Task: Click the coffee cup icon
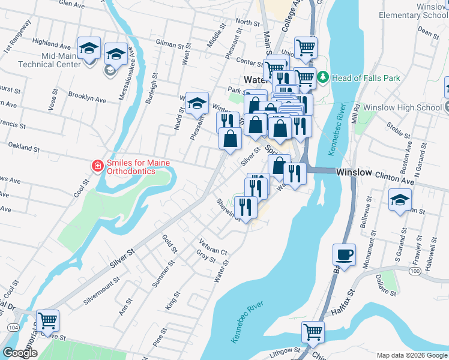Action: [344, 254]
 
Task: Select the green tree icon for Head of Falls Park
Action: [323, 77]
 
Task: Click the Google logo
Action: [20, 353]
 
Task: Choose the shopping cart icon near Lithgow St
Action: [313, 331]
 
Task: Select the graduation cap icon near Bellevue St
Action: [400, 200]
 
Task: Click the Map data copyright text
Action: [412, 355]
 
